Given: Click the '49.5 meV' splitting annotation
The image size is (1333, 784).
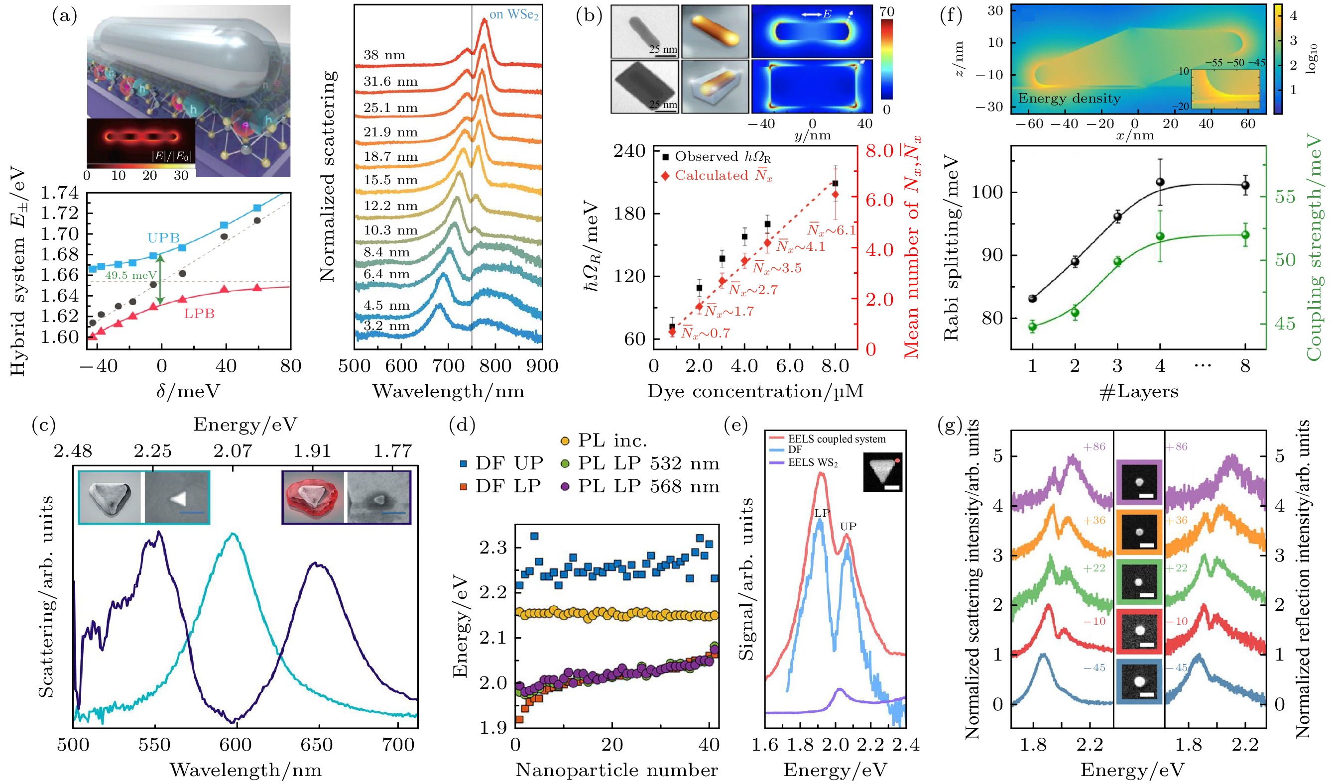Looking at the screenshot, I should pyautogui.click(x=130, y=275).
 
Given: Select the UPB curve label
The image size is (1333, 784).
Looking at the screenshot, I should pyautogui.click(x=163, y=238).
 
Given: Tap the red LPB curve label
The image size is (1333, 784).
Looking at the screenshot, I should pyautogui.click(x=199, y=314).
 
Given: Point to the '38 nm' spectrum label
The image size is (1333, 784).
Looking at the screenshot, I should pyautogui.click(x=384, y=55).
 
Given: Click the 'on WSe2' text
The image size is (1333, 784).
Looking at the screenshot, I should pyautogui.click(x=513, y=15).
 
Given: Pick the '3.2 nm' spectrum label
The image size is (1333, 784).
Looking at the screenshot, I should pyautogui.click(x=387, y=326).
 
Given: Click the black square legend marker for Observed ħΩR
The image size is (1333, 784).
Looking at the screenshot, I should pyautogui.click(x=665, y=156).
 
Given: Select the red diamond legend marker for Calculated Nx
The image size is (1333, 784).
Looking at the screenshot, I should pyautogui.click(x=665, y=176).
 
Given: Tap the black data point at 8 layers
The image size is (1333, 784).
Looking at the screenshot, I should pyautogui.click(x=1245, y=185).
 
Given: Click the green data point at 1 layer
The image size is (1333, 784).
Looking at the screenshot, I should pyautogui.click(x=1032, y=326).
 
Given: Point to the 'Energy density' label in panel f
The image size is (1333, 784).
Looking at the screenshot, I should pyautogui.click(x=1069, y=99).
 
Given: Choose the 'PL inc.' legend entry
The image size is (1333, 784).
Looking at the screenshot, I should pyautogui.click(x=604, y=441).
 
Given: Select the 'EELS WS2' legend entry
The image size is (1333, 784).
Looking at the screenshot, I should pyautogui.click(x=813, y=462).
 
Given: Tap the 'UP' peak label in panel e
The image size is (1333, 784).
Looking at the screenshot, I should pyautogui.click(x=848, y=526).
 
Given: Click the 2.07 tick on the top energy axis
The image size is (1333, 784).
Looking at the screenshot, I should pyautogui.click(x=233, y=451).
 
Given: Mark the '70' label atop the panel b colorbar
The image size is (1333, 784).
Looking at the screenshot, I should pyautogui.click(x=886, y=11).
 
